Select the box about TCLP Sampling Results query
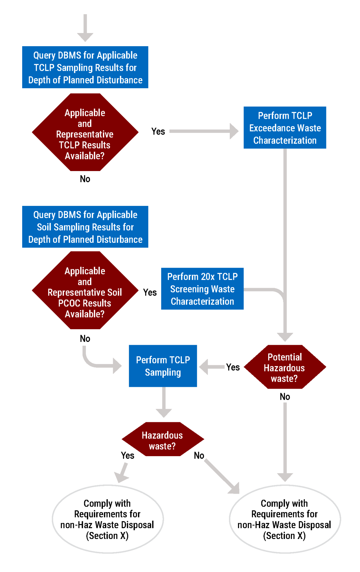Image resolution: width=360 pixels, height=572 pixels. coord(85,67)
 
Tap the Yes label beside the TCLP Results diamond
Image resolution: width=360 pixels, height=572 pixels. coord(158,131)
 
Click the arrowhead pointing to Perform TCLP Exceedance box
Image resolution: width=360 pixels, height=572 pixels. coord(234,131)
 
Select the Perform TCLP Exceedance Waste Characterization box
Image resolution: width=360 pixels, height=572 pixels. coord(285,128)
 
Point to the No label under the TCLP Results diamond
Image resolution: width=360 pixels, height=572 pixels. coord(85,179)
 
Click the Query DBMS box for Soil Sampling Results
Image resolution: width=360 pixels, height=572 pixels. coord(85,227)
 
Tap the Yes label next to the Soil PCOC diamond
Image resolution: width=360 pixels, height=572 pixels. coord(150,292)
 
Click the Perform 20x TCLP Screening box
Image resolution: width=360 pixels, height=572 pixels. coord(202,289)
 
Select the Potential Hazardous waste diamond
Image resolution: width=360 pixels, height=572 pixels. coord(285,367)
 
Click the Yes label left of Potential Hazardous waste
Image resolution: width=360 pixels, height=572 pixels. coord(233,367)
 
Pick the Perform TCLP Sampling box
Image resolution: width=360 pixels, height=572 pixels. coord(163,366)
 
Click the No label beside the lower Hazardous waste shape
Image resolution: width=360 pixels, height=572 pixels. coord(199,455)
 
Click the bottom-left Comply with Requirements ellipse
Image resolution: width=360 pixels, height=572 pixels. coord(107,519)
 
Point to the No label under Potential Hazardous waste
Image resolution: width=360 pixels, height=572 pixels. coord(285,396)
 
